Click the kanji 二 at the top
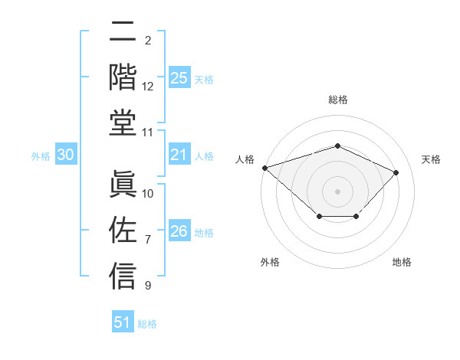tap(123, 33)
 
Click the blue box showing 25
tap(179, 78)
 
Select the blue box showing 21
tap(179, 155)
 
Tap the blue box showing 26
tap(179, 232)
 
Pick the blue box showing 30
tap(66, 155)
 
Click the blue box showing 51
tap(123, 322)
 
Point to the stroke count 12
tap(148, 87)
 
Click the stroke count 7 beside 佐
tap(148, 240)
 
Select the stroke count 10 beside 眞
tap(148, 193)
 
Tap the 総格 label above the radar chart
tap(337, 100)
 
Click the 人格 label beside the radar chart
tap(245, 159)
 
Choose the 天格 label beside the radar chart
tap(431, 159)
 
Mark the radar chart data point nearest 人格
tap(264, 168)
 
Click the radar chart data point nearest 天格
tap(396, 172)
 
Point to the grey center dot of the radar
tap(337, 191)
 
